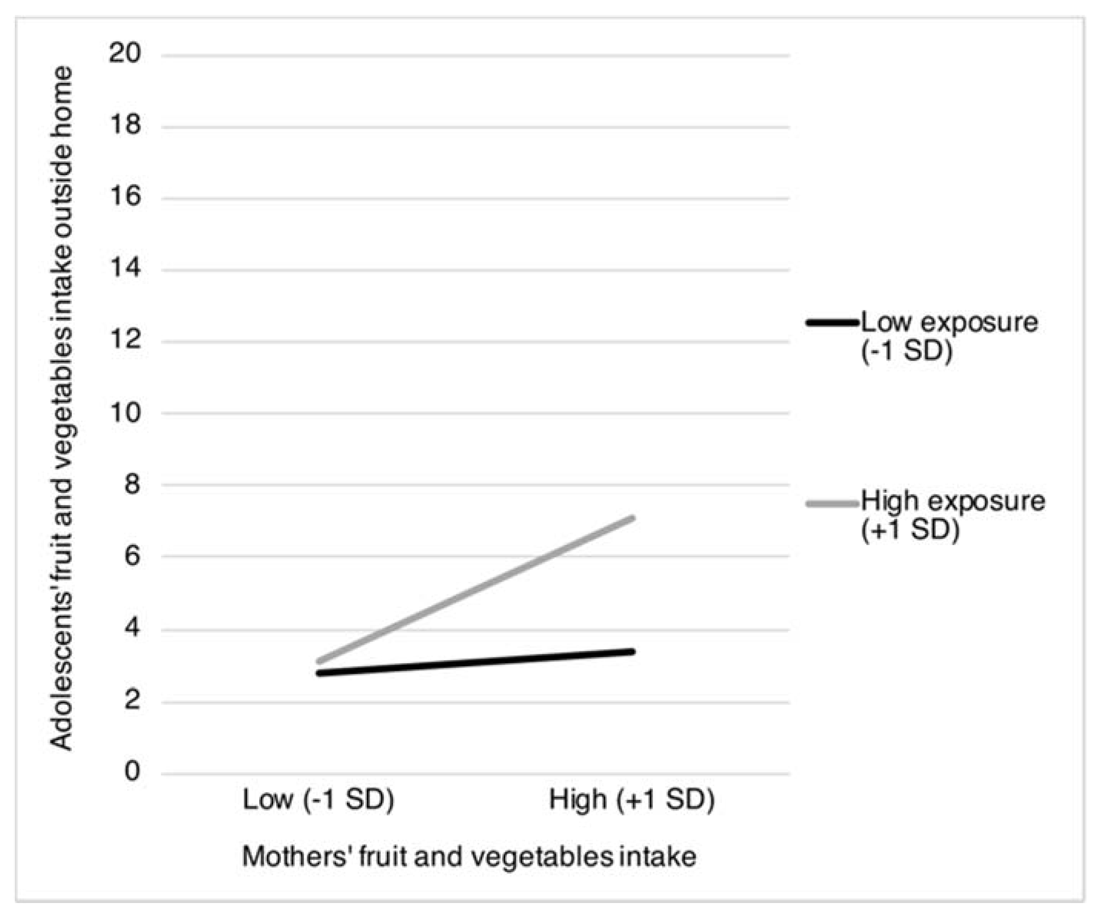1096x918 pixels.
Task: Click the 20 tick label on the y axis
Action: [125, 54]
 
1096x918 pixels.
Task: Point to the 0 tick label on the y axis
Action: [132, 771]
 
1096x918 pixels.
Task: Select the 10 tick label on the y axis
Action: [125, 413]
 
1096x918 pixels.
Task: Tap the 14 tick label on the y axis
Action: [125, 269]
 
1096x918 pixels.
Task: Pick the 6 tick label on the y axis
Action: [132, 556]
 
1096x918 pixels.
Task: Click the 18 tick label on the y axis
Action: [125, 126]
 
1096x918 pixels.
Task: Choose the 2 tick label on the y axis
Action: [132, 700]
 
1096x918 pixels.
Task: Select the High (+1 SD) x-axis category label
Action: [632, 800]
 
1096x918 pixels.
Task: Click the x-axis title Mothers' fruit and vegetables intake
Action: [469, 857]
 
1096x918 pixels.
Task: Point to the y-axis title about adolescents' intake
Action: [61, 409]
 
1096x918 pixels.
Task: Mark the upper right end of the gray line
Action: [633, 518]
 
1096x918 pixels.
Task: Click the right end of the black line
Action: [633, 651]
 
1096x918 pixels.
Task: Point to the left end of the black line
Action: [318, 673]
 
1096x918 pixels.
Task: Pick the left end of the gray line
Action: [318, 662]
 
